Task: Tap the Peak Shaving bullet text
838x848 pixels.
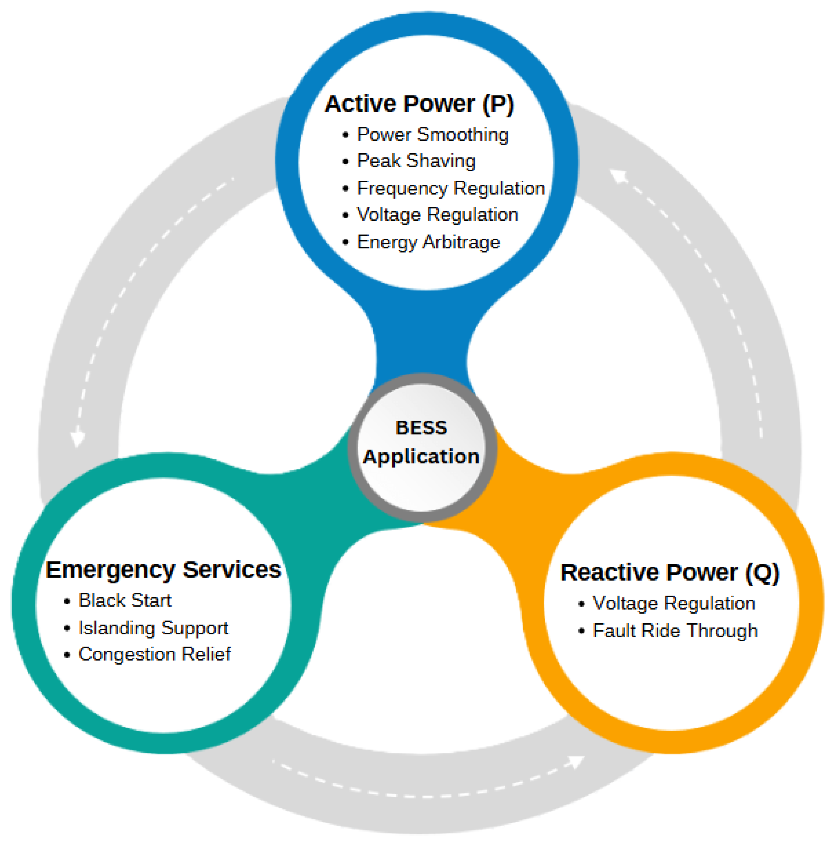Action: click(416, 161)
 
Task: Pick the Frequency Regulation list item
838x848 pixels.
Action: click(451, 188)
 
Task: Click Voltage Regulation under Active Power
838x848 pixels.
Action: click(437, 215)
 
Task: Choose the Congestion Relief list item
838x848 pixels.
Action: click(154, 654)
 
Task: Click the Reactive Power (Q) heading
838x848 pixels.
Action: click(669, 573)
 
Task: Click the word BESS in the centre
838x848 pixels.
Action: click(421, 428)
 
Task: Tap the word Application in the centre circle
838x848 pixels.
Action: click(421, 457)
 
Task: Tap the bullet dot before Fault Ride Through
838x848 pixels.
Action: click(581, 632)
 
